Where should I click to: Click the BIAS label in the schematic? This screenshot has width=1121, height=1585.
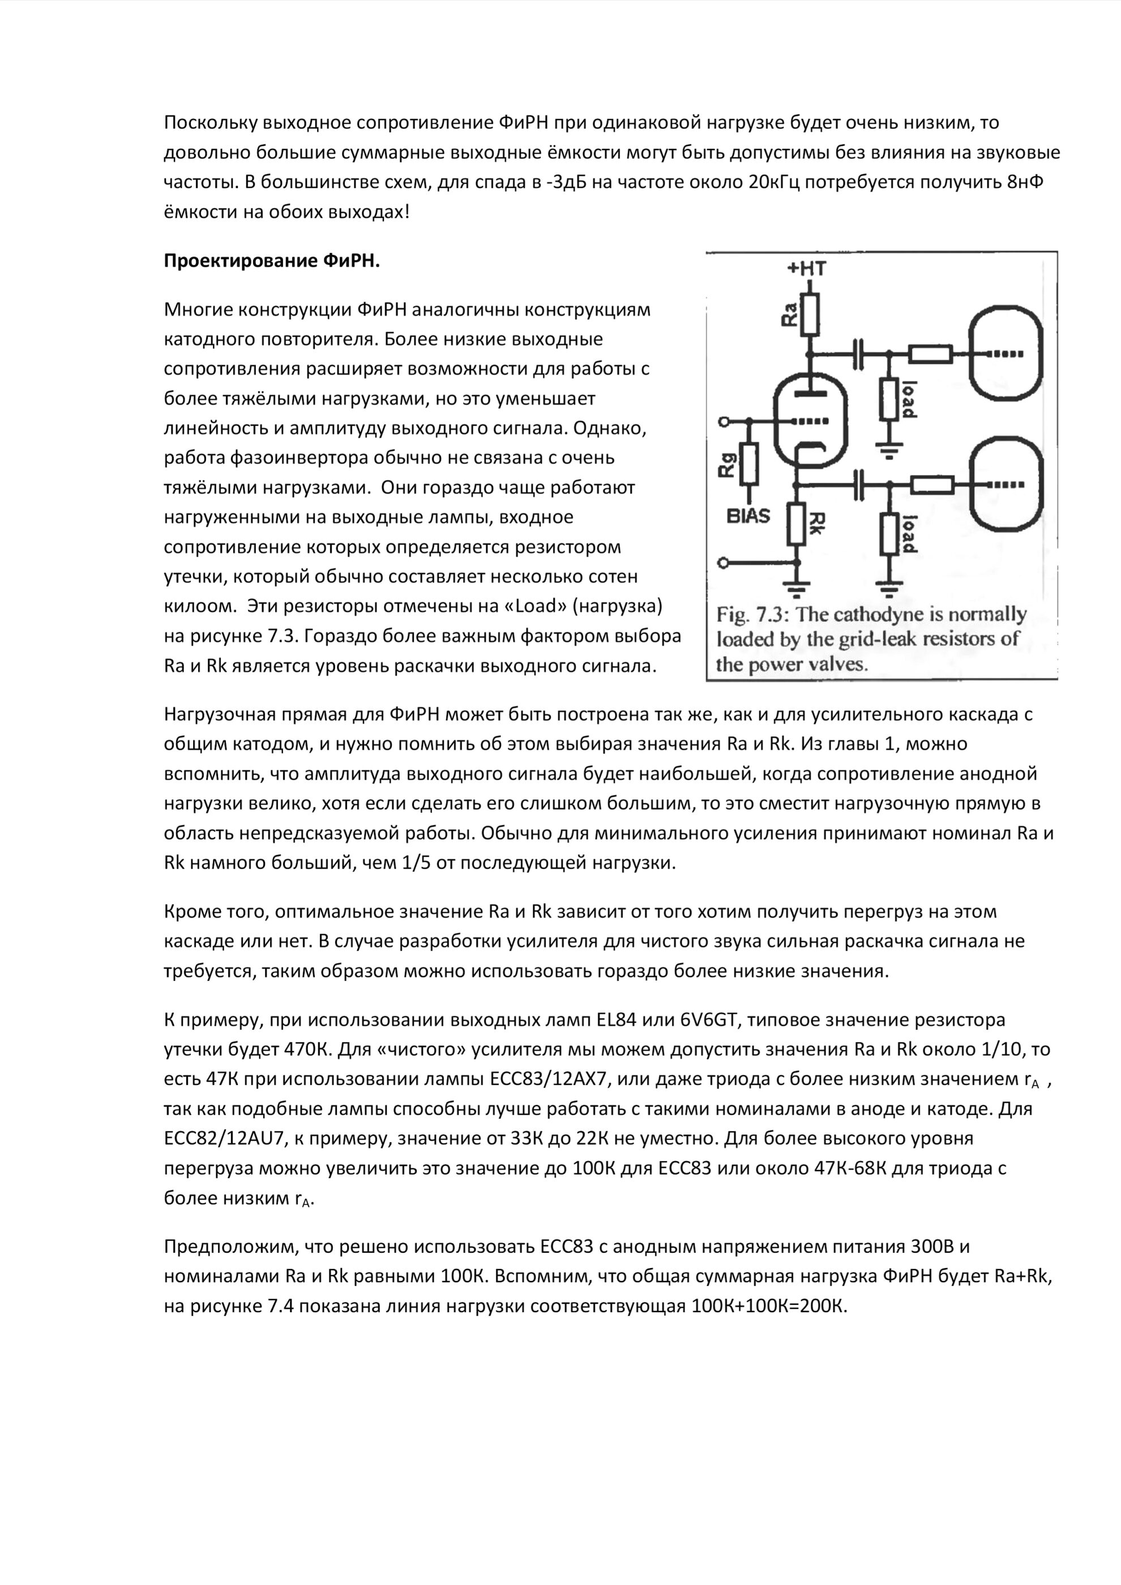pyautogui.click(x=748, y=516)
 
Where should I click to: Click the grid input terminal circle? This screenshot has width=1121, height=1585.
pyautogui.click(x=724, y=421)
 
